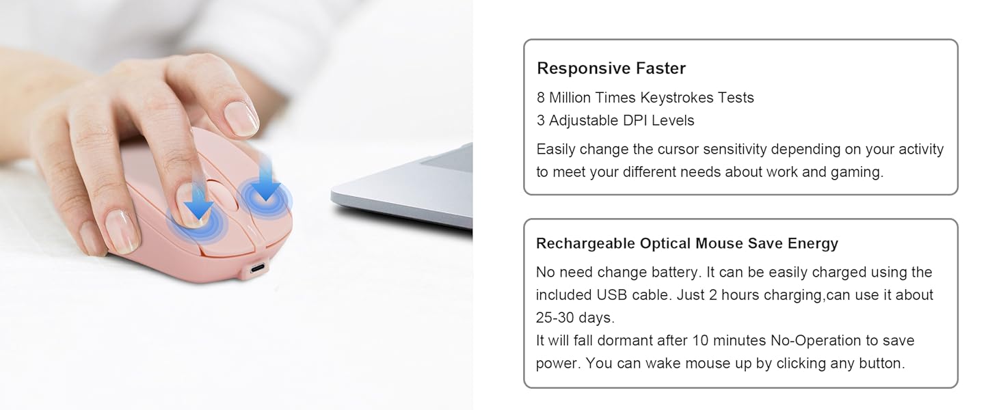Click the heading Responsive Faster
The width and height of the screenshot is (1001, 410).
(x=611, y=68)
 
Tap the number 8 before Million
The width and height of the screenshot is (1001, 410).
(x=541, y=98)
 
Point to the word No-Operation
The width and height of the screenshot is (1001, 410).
(x=818, y=341)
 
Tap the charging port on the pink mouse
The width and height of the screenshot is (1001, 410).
(x=255, y=266)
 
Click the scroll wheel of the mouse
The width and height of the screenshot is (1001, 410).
(x=221, y=197)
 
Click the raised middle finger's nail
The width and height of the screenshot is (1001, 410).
(x=241, y=118)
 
